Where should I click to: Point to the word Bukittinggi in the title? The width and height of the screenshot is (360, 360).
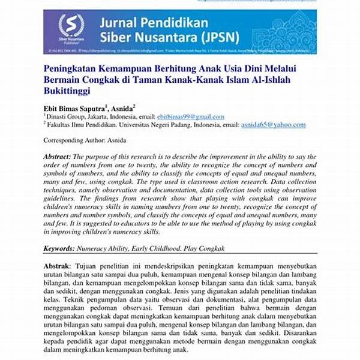click(x=67, y=91)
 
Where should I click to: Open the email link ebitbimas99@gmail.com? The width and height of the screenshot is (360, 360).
click(x=190, y=116)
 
